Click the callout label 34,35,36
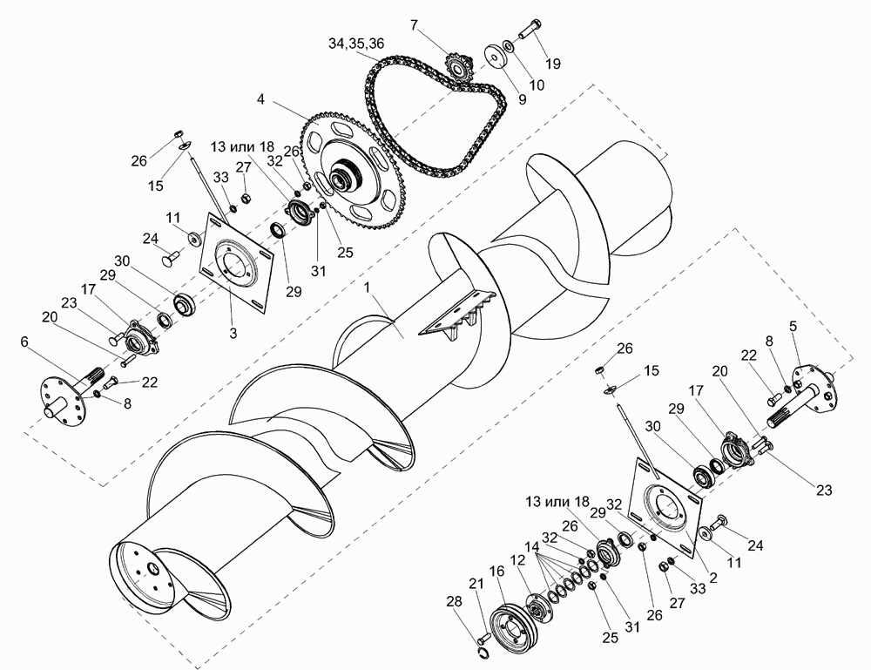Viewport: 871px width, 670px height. [x=356, y=44]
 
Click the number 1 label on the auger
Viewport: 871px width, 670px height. [x=367, y=288]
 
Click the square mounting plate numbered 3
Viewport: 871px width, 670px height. [x=236, y=259]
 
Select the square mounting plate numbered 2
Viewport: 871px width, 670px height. [x=665, y=507]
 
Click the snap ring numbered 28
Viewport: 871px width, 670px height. [x=483, y=652]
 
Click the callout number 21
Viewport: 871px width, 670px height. [x=476, y=583]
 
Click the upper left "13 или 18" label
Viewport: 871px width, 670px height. [x=242, y=147]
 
